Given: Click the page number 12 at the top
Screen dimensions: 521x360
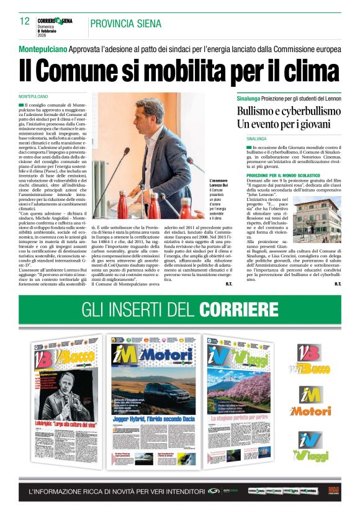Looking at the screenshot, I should tap(25, 21).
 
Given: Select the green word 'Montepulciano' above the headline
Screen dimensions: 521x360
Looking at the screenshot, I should tap(43, 49).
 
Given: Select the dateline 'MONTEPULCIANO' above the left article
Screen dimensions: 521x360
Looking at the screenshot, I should tap(34, 97).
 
